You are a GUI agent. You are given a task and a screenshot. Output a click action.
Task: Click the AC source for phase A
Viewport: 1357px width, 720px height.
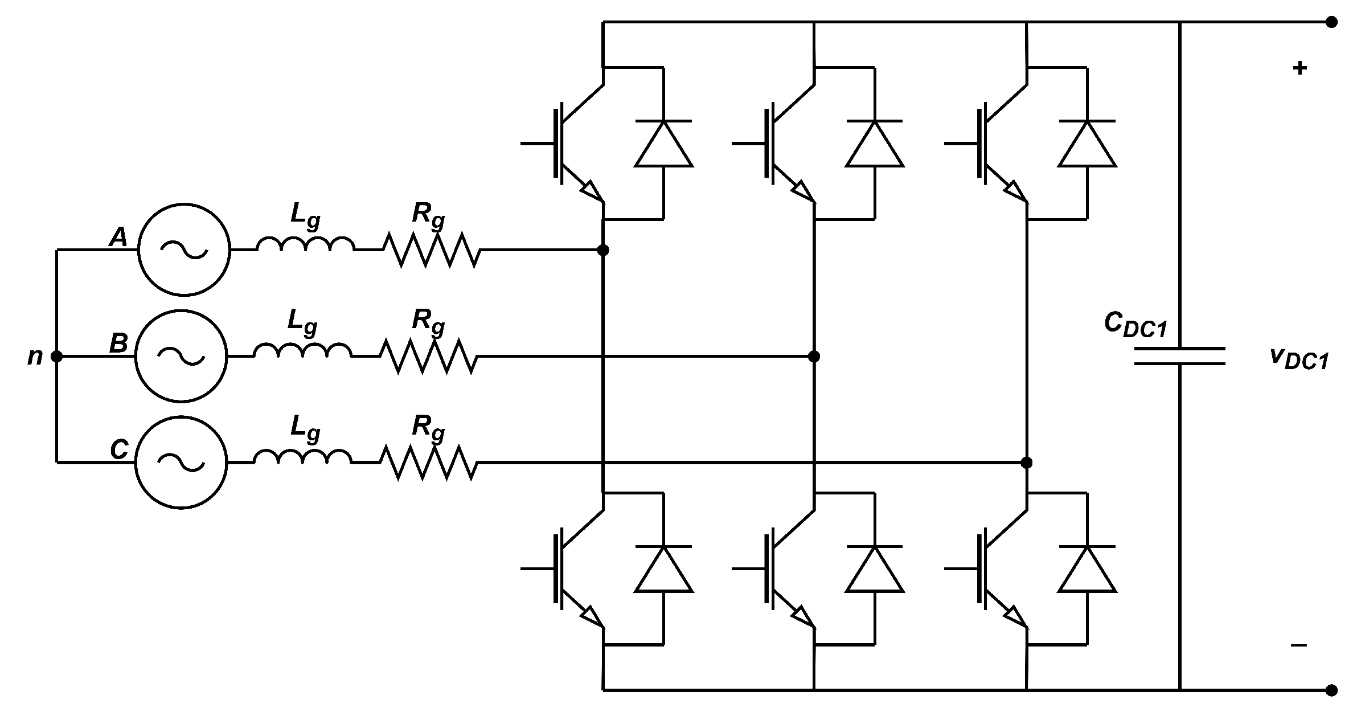coord(183,249)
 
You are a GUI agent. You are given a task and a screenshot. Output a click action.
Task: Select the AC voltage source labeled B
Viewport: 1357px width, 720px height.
coord(181,356)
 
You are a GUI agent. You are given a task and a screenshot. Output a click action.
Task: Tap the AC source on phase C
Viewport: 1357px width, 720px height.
coord(181,463)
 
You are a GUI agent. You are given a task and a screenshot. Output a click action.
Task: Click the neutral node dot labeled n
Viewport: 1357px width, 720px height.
coord(56,357)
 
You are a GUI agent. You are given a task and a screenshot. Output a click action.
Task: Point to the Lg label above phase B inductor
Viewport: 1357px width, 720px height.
coord(302,322)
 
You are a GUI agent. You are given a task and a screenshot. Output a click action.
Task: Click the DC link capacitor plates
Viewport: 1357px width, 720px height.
coord(1179,356)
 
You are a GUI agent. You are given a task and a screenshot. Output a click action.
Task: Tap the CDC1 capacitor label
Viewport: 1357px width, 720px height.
coord(1135,326)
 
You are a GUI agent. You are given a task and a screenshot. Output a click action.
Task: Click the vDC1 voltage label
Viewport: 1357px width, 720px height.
coord(1299,359)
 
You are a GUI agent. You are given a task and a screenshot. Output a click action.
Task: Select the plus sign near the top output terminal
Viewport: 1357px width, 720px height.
coord(1299,69)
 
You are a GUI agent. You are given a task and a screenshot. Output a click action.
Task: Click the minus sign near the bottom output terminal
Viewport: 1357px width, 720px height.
coord(1298,645)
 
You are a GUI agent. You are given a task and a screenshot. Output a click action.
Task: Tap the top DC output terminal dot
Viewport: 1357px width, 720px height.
coord(1331,22)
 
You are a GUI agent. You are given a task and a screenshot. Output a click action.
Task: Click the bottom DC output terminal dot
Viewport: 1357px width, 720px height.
coord(1331,690)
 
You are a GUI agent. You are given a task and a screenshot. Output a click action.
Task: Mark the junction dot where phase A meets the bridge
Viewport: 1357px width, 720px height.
coord(603,250)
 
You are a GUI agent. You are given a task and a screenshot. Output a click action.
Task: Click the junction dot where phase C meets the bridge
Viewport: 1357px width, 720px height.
coord(1027,463)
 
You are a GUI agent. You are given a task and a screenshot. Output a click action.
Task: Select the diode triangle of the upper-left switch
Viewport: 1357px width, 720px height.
coord(663,145)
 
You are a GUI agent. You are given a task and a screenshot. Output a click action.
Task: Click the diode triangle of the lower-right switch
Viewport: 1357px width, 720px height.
coord(1087,570)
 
